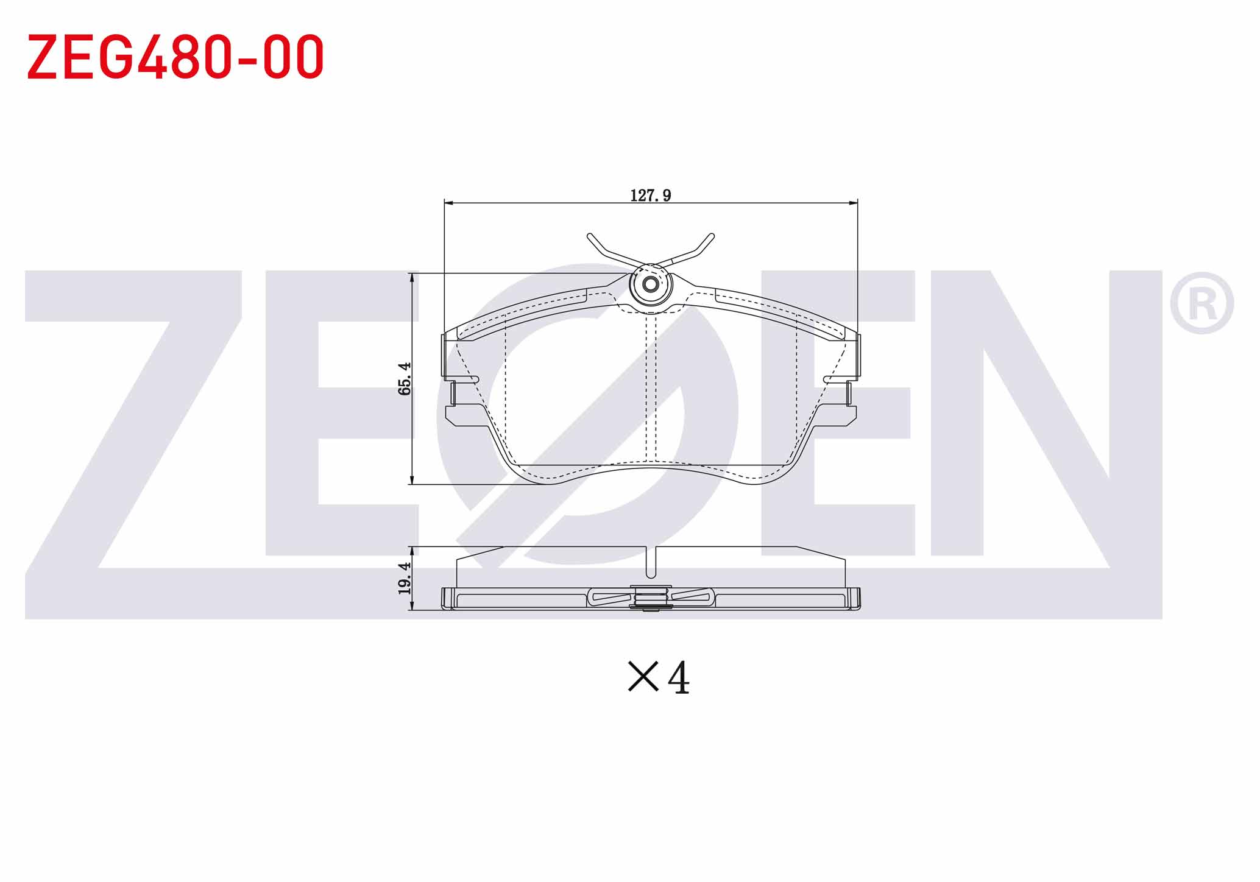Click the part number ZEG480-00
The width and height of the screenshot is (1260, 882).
tap(175, 57)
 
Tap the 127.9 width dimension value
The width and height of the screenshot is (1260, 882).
tap(651, 196)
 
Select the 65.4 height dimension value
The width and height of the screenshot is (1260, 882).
tap(405, 378)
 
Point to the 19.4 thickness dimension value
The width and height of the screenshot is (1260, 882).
tap(405, 578)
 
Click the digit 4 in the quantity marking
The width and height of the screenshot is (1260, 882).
tap(679, 678)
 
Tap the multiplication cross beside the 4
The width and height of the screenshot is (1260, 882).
tap(643, 677)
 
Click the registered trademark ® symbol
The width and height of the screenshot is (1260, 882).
tap(1202, 303)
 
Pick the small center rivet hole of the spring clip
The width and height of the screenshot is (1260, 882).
tap(651, 284)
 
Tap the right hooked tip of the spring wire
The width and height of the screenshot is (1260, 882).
tap(712, 236)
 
